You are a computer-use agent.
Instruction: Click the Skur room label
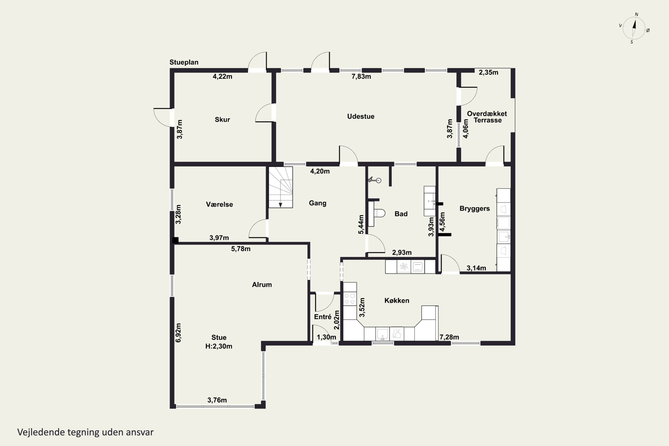[x=222, y=120]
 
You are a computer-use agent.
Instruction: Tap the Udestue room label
[x=361, y=116]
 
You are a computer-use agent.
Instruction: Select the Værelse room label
[x=219, y=204]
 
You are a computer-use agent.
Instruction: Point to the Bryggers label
[x=475, y=209]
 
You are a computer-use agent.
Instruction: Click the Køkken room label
[x=397, y=300]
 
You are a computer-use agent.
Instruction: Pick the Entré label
[x=322, y=317]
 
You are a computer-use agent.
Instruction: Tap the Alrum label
[x=262, y=285]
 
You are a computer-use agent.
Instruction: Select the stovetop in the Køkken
[x=350, y=299]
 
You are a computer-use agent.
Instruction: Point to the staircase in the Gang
[x=281, y=187]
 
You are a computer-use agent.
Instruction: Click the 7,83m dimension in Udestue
[x=361, y=76]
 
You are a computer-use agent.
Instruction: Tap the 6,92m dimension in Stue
[x=178, y=332]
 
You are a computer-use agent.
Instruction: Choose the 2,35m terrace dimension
[x=488, y=72]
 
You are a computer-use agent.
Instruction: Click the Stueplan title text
[x=184, y=62]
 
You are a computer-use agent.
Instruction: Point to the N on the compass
[x=637, y=14]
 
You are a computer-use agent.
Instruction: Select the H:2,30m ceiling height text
[x=219, y=346]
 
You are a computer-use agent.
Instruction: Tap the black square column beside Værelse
[x=176, y=240]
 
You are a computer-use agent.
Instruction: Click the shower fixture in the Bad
[x=375, y=180]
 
